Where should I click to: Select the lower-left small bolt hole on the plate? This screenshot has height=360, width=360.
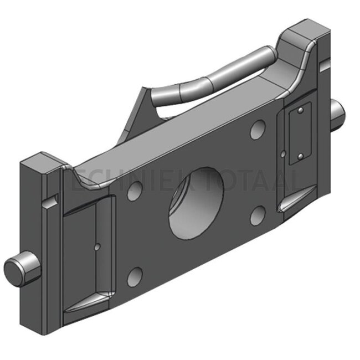pos(135,276)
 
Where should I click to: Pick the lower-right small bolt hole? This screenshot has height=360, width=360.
pos(257,215)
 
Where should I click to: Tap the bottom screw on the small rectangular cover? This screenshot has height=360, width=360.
pos(300,157)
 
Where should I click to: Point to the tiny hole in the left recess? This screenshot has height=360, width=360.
pos(97,247)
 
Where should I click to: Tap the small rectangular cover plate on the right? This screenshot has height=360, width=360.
pos(300,134)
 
